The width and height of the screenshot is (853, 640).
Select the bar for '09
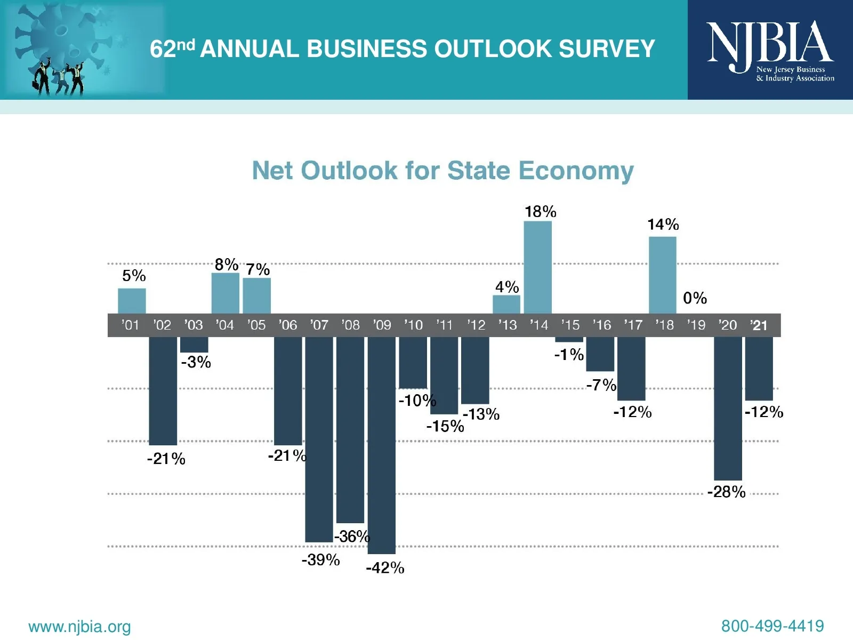(382, 445)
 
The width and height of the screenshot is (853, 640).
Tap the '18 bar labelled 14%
(663, 275)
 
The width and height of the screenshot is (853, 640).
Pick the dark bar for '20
(728, 408)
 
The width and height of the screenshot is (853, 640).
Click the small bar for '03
(194, 345)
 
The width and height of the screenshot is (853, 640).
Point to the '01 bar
(132, 301)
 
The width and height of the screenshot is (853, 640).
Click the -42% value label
(385, 568)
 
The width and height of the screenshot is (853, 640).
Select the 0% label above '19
(695, 298)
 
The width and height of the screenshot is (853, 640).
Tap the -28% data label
(726, 492)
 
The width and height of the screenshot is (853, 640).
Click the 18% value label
(540, 212)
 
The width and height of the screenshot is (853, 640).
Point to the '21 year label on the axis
(759, 325)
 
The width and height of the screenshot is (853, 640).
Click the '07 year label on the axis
(319, 325)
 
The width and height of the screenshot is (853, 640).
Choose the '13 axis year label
(508, 325)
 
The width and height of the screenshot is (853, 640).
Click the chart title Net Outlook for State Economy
(442, 171)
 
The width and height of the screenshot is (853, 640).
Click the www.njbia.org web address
(79, 627)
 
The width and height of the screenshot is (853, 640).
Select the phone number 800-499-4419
(772, 626)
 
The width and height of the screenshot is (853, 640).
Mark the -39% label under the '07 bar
(320, 560)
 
